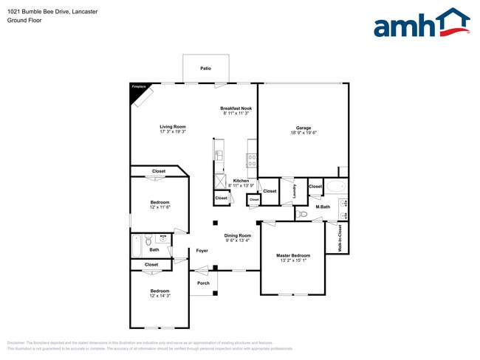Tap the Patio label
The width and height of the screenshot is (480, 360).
pos(205,69)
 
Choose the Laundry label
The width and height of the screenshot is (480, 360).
pos(294,191)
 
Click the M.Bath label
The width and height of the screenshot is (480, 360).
pos(322,207)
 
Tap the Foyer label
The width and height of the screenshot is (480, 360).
pos(202,251)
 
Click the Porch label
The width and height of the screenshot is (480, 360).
pos(203,283)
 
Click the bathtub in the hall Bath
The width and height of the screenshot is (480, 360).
pos(137,246)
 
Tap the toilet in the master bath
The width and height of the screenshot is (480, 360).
pos(302,215)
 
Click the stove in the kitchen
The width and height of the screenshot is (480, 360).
pos(252,156)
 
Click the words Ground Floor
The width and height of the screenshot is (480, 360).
pos(25,21)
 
